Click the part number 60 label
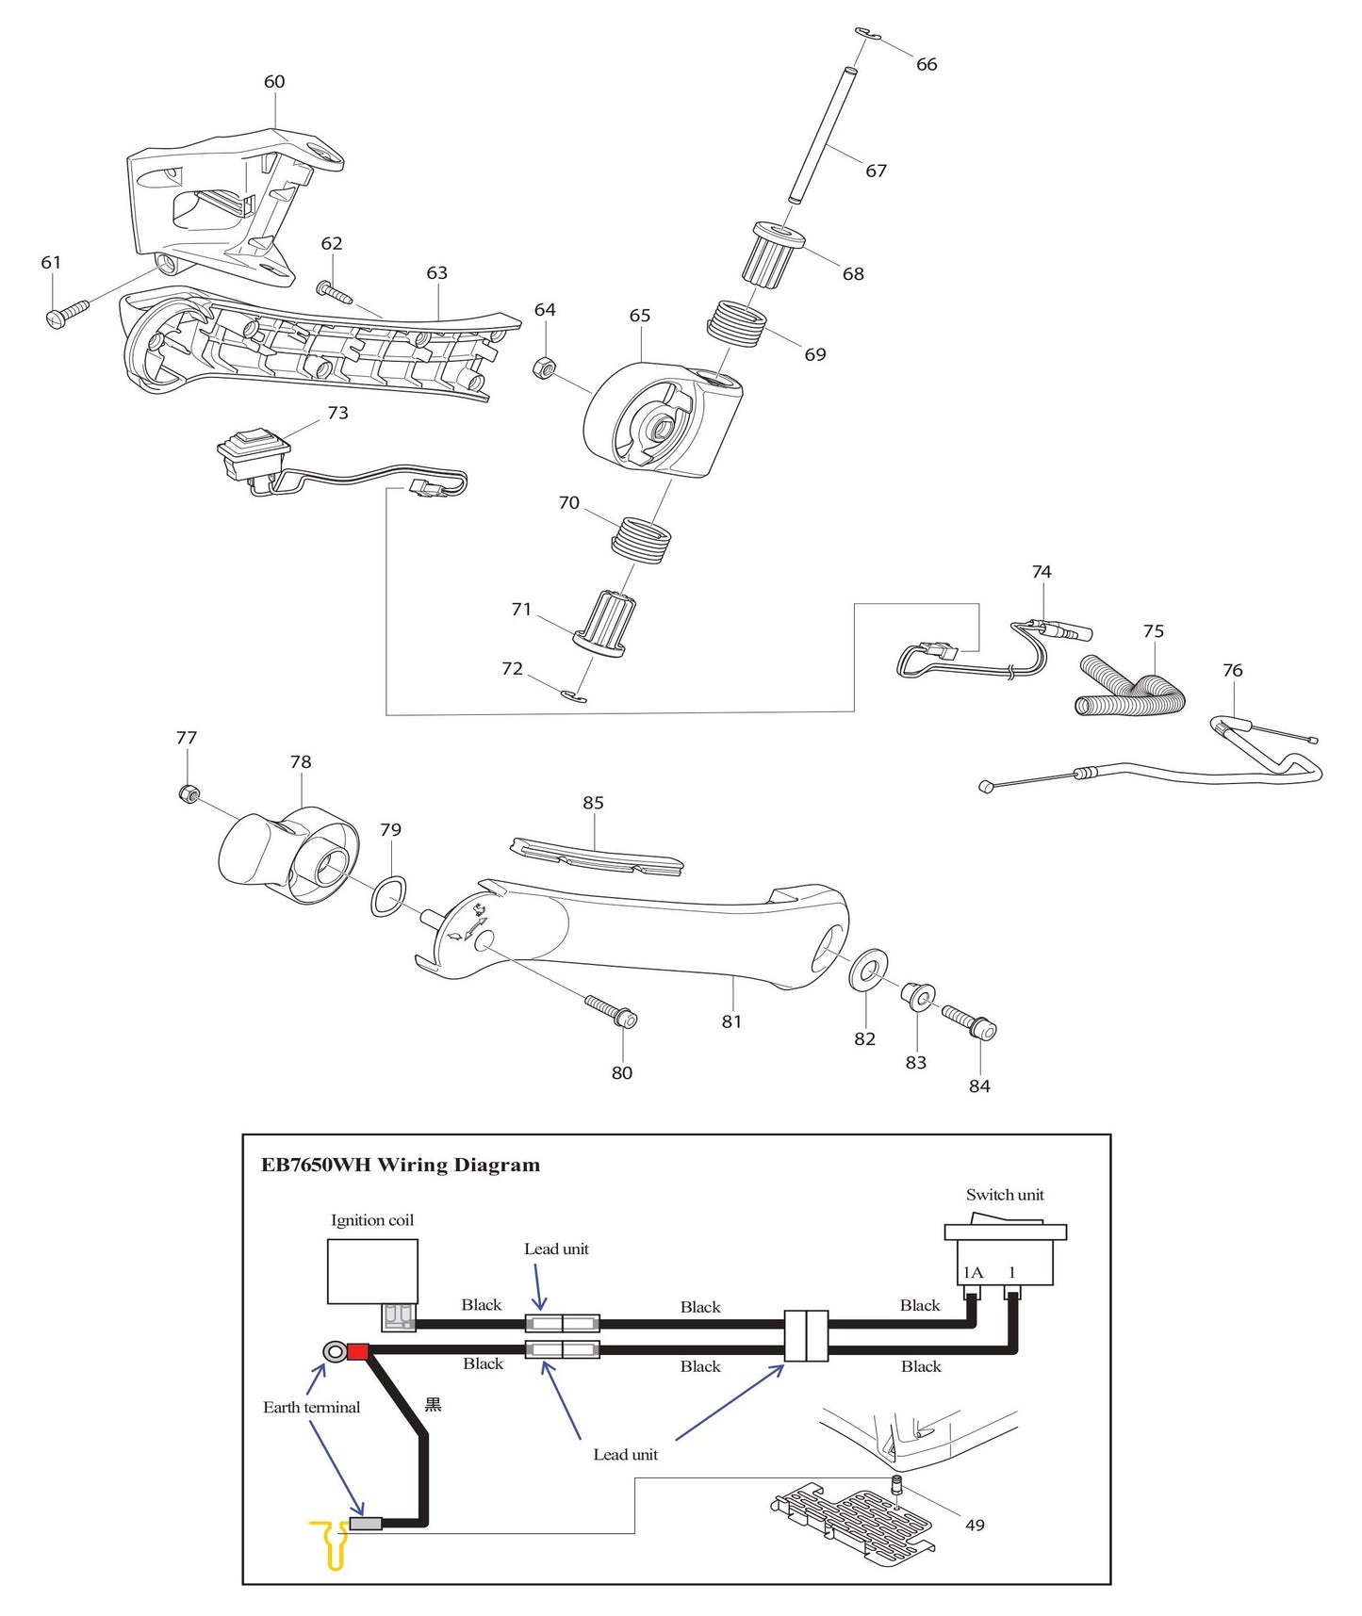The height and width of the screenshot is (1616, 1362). [x=274, y=82]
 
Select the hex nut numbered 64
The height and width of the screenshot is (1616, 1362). [x=545, y=367]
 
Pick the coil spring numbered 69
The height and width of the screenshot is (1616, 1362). [x=736, y=323]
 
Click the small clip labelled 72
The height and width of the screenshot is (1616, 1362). [x=573, y=696]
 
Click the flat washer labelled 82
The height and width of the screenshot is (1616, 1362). [x=868, y=970]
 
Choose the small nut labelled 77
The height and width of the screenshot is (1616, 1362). [x=188, y=793]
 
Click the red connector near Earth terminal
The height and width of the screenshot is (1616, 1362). [x=357, y=1352]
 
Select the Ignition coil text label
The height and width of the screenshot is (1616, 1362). [x=372, y=1220]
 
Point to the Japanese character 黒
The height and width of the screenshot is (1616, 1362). [x=434, y=1405]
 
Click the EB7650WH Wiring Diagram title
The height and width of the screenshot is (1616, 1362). [x=401, y=1165]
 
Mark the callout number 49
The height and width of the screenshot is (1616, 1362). [x=975, y=1525]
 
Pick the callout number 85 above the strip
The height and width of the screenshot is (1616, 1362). [x=593, y=803]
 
